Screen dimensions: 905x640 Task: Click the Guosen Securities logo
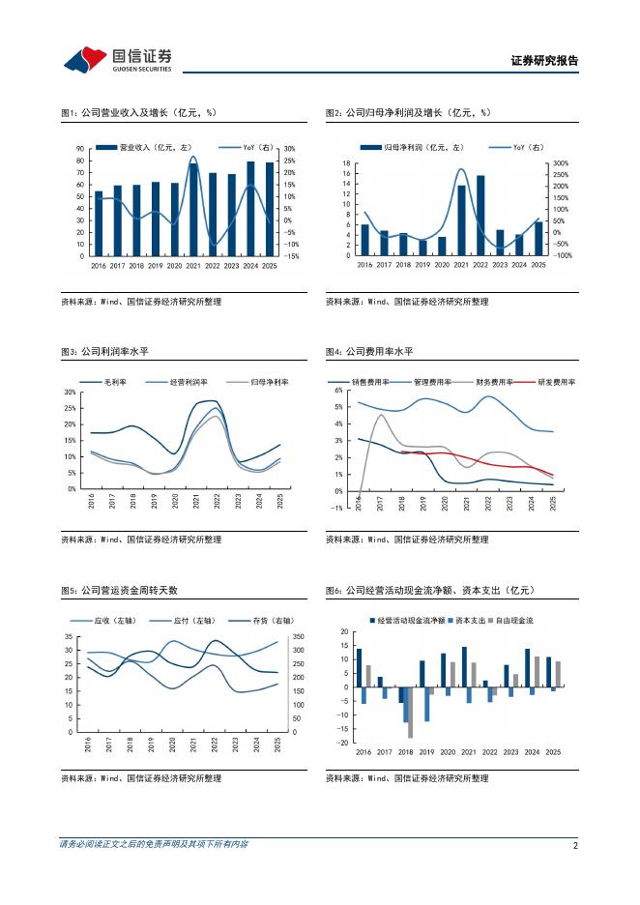click(x=117, y=59)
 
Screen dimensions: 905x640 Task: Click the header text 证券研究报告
click(x=544, y=61)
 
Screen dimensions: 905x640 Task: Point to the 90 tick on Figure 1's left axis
click(x=80, y=149)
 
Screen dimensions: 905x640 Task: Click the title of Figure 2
click(x=408, y=113)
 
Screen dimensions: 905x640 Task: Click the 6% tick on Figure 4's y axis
click(x=337, y=391)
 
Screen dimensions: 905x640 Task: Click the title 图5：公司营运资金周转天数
click(x=119, y=590)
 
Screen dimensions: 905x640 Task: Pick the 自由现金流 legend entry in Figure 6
click(x=514, y=620)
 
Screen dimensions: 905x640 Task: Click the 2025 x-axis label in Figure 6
click(x=553, y=751)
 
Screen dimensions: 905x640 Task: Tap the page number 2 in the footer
click(x=576, y=844)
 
